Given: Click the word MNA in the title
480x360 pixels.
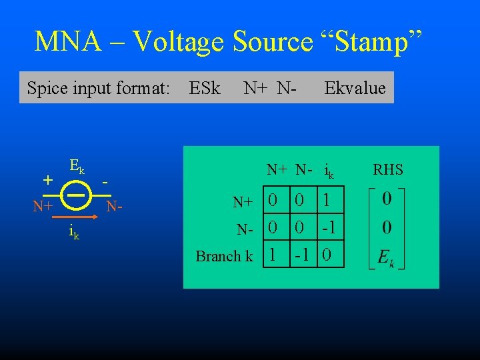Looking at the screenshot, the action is pyautogui.click(x=68, y=42).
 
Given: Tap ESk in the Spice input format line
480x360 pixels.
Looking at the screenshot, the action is pyautogui.click(x=205, y=88).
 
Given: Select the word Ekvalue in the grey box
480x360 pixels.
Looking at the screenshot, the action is pyautogui.click(x=355, y=88).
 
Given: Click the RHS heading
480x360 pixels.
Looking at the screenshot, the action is pyautogui.click(x=388, y=170).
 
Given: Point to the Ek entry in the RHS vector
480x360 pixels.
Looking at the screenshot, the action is pyautogui.click(x=386, y=257).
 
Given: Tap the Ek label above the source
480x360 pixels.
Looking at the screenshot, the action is pyautogui.click(x=77, y=167).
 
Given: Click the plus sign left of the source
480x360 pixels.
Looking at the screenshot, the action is pyautogui.click(x=47, y=179).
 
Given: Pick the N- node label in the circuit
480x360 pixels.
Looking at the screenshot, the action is pyautogui.click(x=117, y=207).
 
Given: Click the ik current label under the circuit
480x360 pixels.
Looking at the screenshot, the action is pyautogui.click(x=74, y=233).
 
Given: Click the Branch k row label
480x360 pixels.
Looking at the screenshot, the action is pyautogui.click(x=224, y=256).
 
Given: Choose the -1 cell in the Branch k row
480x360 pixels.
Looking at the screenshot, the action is pyautogui.click(x=301, y=255).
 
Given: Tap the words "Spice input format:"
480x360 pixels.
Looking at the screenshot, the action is pyautogui.click(x=98, y=88).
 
